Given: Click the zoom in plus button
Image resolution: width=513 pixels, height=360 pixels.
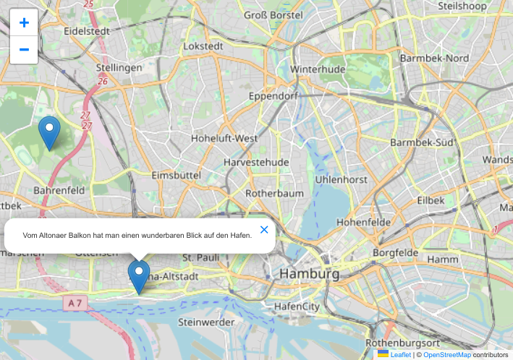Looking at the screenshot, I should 24,23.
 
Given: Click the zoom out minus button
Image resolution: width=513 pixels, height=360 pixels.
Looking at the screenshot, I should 24,50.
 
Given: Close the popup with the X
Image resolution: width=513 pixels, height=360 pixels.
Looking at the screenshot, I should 264,230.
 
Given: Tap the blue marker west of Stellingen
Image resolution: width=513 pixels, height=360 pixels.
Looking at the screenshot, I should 49,132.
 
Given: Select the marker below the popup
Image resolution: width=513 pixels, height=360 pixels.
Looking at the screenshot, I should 139,277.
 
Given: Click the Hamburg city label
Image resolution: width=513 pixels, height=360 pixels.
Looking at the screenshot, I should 309,275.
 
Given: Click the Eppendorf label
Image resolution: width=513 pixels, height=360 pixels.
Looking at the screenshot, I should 273,96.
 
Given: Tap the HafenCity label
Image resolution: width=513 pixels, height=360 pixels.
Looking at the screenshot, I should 297,307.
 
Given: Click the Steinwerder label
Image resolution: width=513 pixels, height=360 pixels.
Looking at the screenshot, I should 205,322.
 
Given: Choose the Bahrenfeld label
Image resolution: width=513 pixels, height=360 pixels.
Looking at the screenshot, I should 59,191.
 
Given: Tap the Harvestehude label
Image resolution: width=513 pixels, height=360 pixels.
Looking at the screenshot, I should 256,162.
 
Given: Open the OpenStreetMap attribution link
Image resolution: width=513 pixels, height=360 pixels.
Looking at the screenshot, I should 446,355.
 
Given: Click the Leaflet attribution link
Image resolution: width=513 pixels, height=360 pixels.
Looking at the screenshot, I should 400,355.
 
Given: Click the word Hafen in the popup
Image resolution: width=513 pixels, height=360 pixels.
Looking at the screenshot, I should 240,235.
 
